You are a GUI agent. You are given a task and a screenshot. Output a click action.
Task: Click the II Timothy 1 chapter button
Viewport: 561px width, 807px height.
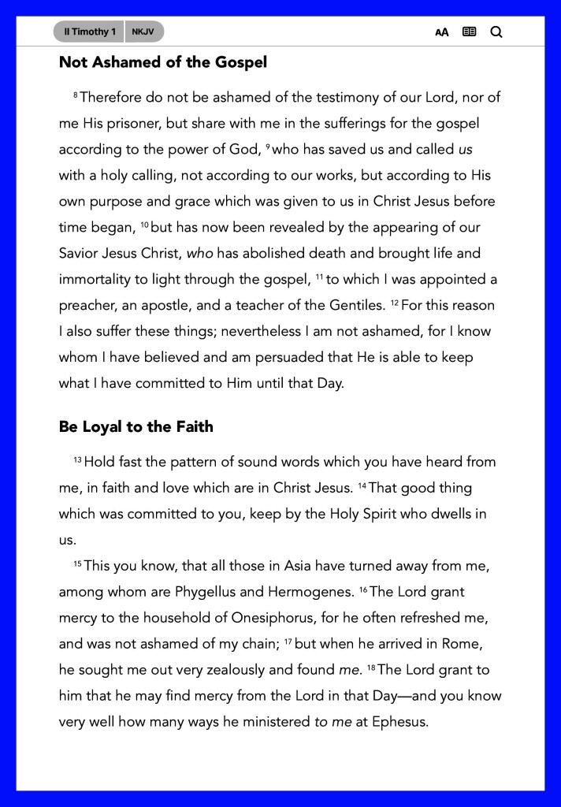pos(90,32)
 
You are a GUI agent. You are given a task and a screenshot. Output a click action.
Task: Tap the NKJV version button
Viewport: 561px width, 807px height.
pos(143,32)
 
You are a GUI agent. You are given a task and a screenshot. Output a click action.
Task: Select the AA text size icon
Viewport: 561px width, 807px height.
pos(442,32)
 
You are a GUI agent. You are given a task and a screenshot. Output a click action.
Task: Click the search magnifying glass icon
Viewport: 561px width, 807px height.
pos(496,32)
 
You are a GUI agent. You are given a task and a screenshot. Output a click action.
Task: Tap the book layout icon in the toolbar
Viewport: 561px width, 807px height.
pos(469,32)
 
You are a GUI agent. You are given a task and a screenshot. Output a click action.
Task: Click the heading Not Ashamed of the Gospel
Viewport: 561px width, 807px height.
pos(162,62)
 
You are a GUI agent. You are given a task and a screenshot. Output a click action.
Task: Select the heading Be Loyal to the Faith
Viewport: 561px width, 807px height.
pos(136,427)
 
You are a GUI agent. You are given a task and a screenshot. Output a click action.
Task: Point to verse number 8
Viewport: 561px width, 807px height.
pos(75,95)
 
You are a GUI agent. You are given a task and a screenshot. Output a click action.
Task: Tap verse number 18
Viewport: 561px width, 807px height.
pos(371,667)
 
